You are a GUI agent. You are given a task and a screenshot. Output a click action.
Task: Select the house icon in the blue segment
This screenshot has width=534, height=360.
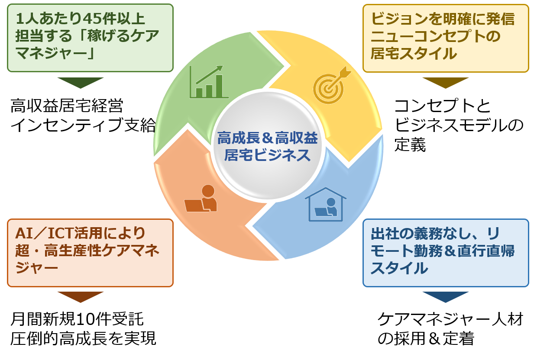click(x=326, y=205)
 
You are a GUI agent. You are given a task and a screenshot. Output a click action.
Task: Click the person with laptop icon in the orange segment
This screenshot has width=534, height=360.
click(x=201, y=199)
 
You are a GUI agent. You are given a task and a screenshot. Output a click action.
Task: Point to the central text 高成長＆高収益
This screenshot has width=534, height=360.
click(x=268, y=138)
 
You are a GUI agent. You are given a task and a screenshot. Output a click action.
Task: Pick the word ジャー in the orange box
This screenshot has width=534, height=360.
click(x=37, y=268)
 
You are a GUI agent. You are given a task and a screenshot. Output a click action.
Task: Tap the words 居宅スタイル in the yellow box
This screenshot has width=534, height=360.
click(x=414, y=54)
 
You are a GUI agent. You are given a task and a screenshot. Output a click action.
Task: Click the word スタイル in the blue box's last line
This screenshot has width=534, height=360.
click(x=399, y=268)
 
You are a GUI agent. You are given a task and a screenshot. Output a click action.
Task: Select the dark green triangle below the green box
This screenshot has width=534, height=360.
click(x=81, y=82)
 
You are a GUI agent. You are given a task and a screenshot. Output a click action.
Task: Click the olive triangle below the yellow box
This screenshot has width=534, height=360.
click(x=445, y=82)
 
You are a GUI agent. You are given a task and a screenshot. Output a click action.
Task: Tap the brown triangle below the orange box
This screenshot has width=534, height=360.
click(x=81, y=296)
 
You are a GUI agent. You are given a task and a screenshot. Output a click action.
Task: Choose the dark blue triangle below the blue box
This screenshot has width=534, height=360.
click(x=445, y=296)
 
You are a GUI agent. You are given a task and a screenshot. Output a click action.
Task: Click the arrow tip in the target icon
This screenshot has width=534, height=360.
click(x=346, y=73)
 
